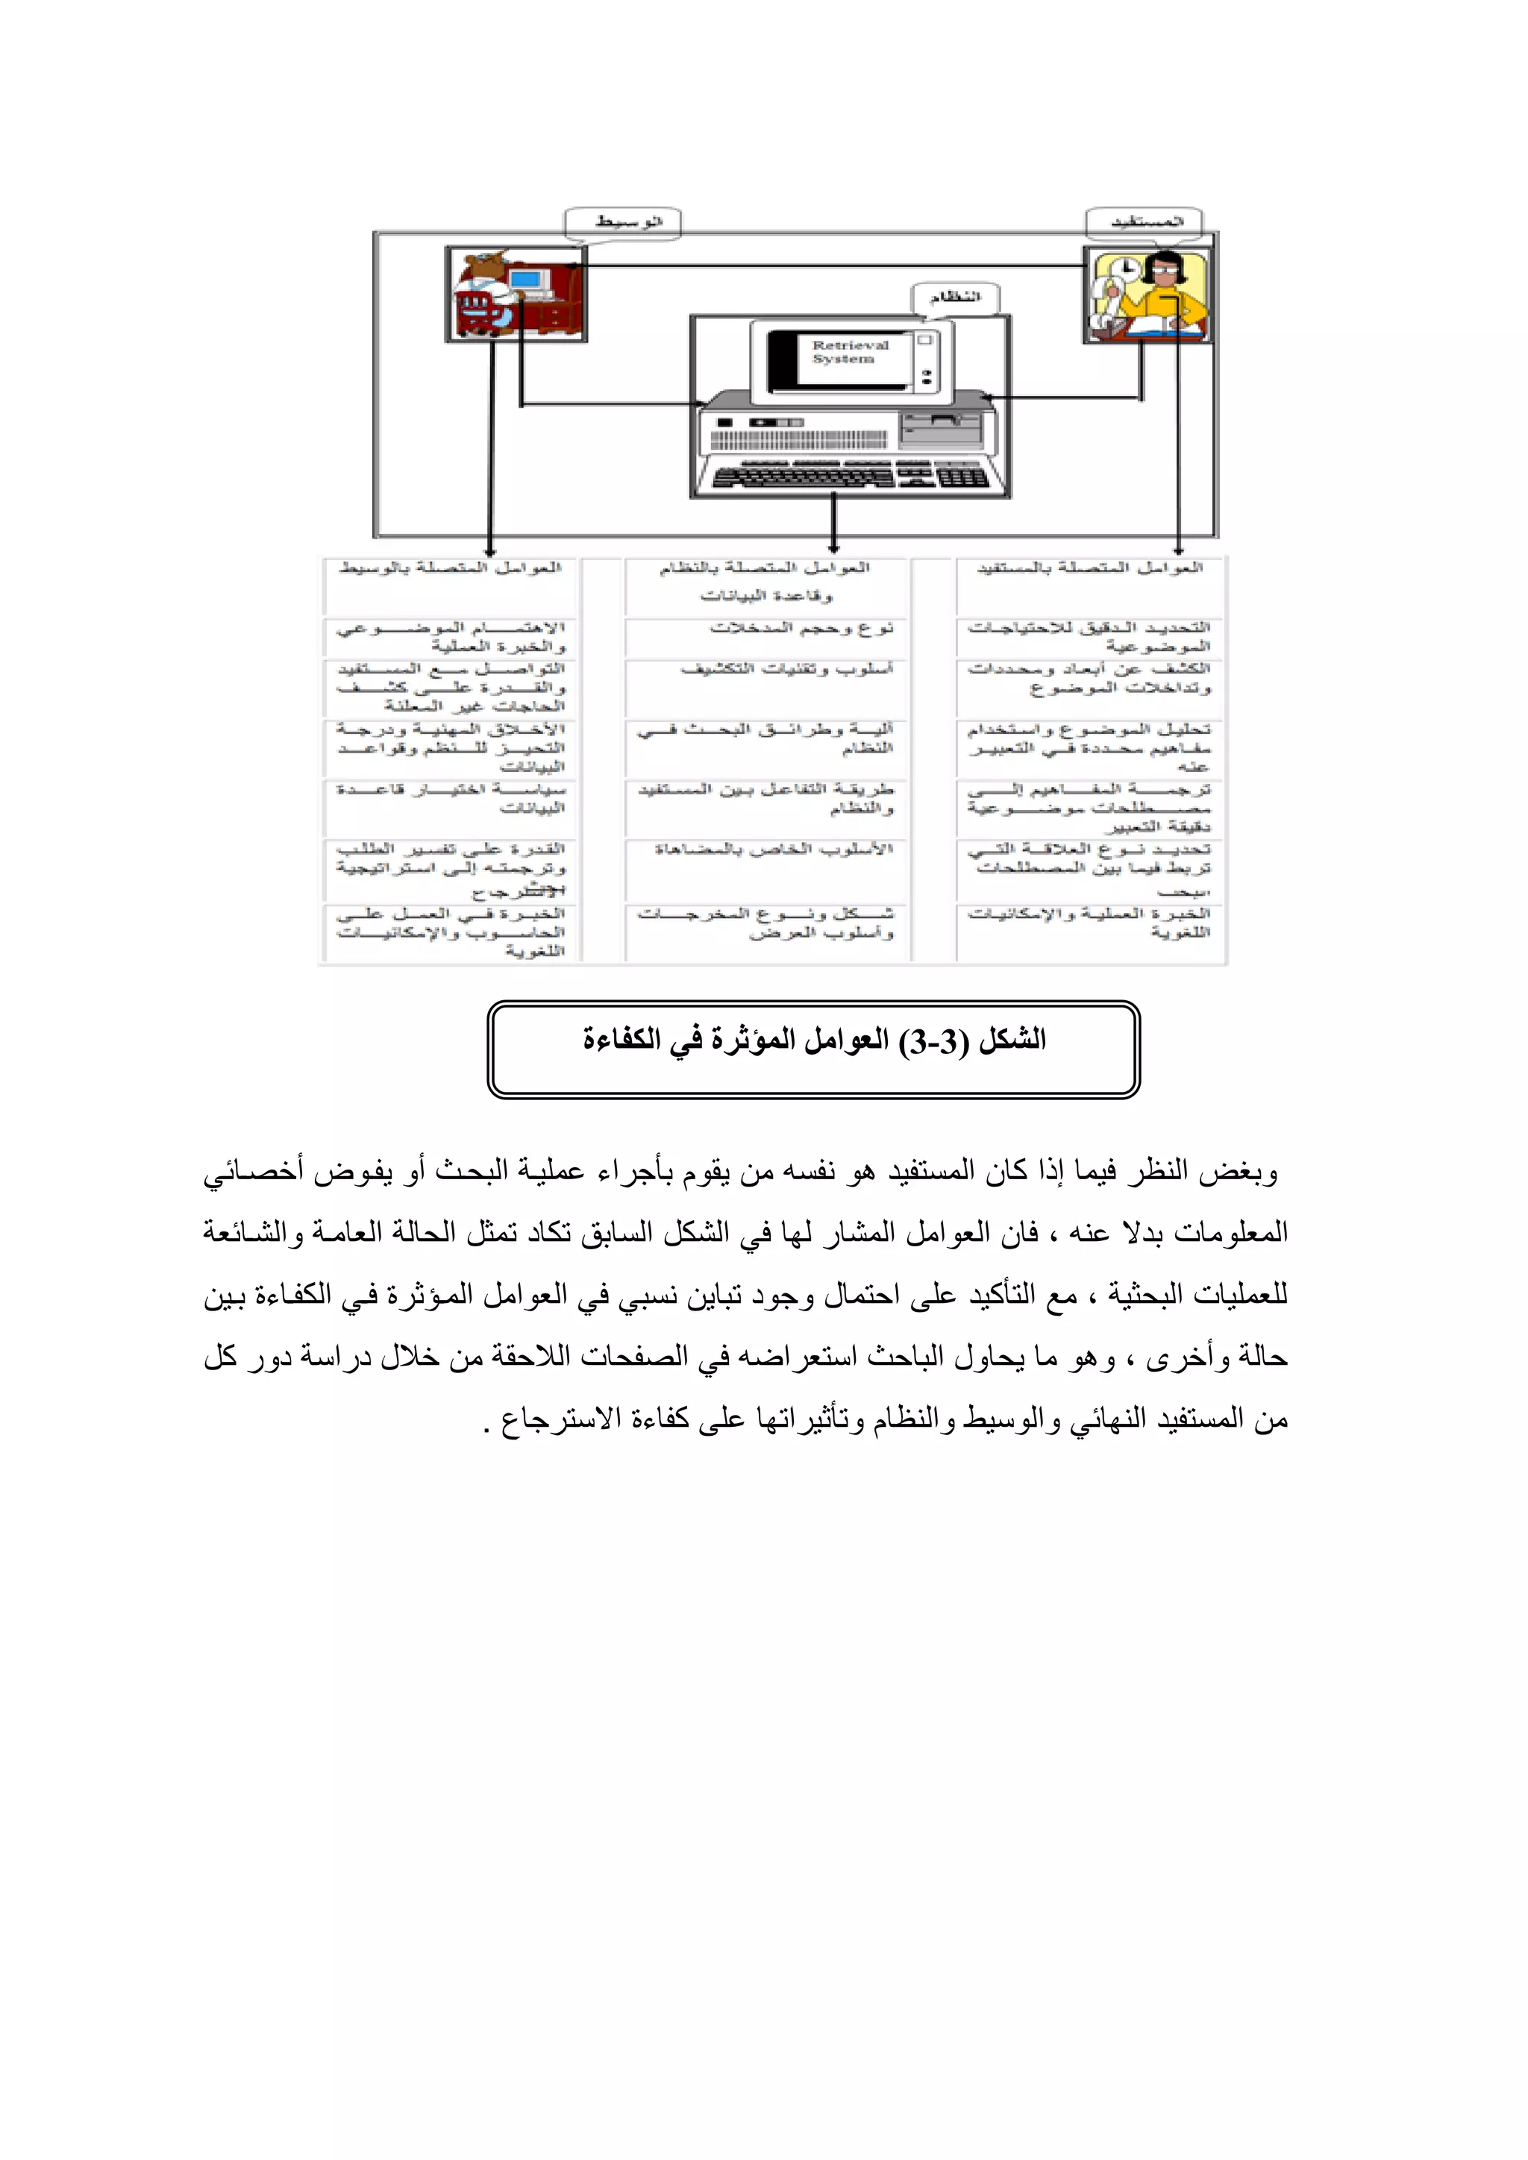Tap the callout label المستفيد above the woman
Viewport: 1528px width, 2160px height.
pyautogui.click(x=1146, y=222)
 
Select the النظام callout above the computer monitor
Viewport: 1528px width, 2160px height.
pyautogui.click(x=954, y=298)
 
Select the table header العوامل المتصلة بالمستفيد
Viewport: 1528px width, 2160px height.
pyautogui.click(x=1089, y=568)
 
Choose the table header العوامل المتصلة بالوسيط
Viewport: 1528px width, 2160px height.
pyautogui.click(x=450, y=568)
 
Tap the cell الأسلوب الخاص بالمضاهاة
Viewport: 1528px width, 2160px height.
pyautogui.click(x=774, y=850)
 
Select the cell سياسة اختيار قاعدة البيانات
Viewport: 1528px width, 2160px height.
pyautogui.click(x=451, y=799)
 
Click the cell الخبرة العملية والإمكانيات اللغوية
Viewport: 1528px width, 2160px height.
pyautogui.click(x=1089, y=923)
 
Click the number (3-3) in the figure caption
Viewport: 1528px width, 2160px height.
pyautogui.click(x=933, y=1041)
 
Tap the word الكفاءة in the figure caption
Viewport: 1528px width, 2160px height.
pyautogui.click(x=620, y=1041)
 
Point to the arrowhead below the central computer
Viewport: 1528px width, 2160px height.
pyautogui.click(x=833, y=547)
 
